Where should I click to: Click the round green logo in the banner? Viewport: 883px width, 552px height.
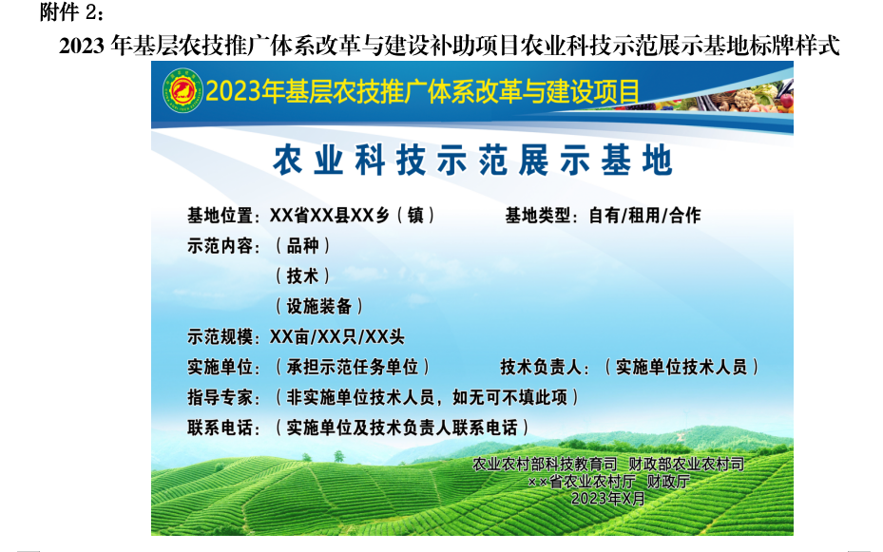point(182,90)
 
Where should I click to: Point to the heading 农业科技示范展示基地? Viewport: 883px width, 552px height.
point(472,161)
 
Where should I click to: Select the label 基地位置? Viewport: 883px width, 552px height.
point(221,216)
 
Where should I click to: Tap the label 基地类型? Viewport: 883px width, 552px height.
point(538,216)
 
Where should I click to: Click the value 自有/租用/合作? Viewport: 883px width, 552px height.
point(644,216)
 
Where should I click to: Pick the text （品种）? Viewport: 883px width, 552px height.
point(303,246)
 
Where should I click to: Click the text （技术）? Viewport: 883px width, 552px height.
point(303,276)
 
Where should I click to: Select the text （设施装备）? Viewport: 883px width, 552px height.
point(319,307)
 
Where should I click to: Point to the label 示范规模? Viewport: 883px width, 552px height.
point(221,337)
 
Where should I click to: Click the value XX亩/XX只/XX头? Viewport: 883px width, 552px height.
point(336,337)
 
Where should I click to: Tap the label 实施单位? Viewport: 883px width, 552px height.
point(221,368)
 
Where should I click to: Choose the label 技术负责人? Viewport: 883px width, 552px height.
point(541,368)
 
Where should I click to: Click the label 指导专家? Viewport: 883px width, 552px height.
point(221,398)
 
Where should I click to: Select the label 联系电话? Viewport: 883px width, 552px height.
point(221,428)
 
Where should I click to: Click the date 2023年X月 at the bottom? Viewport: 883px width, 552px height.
point(608,499)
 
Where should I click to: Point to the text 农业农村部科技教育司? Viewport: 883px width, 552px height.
point(546,465)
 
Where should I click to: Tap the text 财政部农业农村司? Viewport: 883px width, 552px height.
point(686,465)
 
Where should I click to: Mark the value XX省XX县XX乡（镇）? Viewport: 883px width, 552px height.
point(353,216)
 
